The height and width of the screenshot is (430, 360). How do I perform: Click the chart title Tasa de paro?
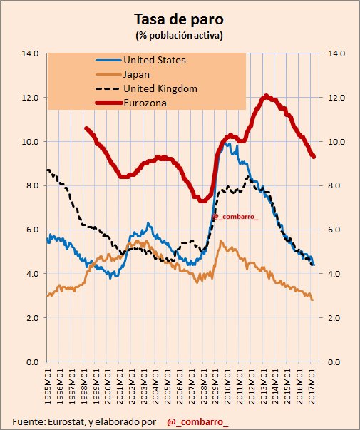(179, 20)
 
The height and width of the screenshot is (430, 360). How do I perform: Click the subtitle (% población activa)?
(179, 36)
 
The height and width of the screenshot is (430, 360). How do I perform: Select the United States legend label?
(155, 60)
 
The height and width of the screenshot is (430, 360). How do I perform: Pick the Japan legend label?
(137, 74)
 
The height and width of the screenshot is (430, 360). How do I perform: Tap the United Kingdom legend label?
(160, 88)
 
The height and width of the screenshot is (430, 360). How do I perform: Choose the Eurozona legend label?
(145, 103)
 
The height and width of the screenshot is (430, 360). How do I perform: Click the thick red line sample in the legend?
(108, 103)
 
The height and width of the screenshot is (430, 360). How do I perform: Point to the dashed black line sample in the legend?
(108, 88)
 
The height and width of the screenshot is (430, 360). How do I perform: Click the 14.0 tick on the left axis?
(30, 53)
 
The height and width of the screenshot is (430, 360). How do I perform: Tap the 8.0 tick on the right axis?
(334, 185)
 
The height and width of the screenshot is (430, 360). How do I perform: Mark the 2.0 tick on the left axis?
(32, 318)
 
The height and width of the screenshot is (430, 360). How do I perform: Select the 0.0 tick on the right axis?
(334, 362)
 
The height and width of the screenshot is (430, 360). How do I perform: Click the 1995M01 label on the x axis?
(48, 386)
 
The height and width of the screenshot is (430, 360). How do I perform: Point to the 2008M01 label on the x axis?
(203, 386)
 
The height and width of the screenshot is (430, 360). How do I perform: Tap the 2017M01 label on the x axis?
(312, 386)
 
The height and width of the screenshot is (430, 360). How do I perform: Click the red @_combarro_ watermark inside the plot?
(235, 217)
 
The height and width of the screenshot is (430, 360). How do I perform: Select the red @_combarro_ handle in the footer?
(197, 421)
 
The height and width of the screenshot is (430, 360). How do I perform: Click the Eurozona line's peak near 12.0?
(266, 96)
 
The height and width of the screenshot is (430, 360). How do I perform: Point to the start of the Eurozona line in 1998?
(86, 128)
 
